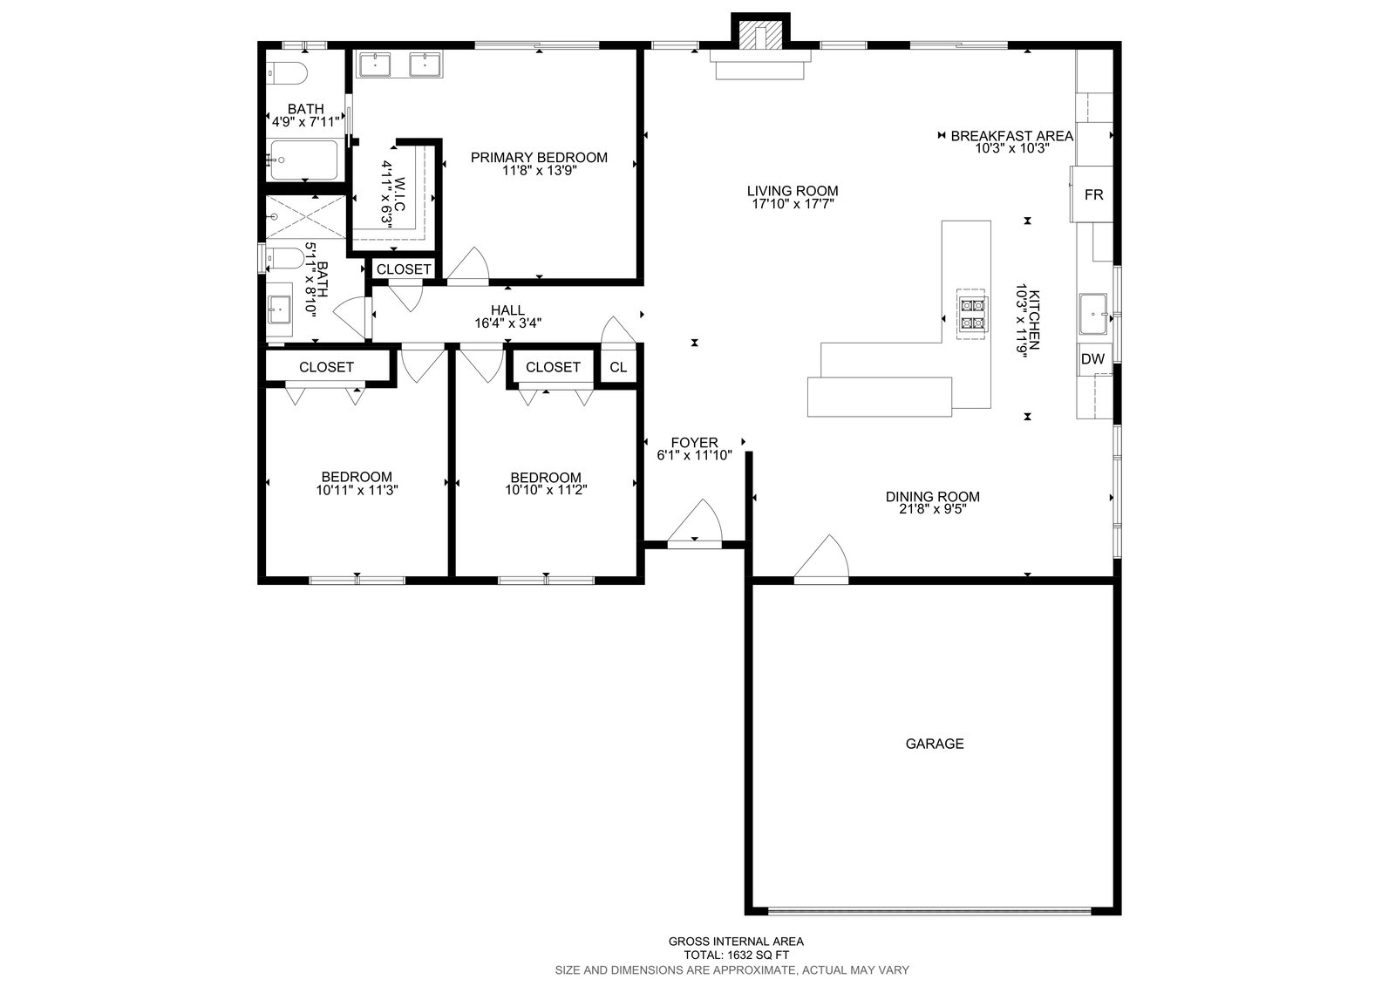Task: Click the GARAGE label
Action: click(x=934, y=744)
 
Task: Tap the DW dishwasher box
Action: click(x=1093, y=359)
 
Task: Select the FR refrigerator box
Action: click(x=1092, y=194)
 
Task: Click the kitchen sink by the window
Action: click(x=1093, y=314)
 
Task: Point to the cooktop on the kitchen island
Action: click(x=971, y=315)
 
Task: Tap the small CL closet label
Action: click(x=618, y=367)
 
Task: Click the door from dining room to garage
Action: click(x=820, y=560)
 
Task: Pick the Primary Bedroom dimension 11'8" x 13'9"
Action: click(x=540, y=171)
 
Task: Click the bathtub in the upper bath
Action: click(x=303, y=160)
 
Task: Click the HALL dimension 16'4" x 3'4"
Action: click(x=507, y=323)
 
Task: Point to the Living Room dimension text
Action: click(x=793, y=204)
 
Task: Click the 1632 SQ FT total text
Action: click(x=736, y=955)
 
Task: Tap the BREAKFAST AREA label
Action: click(x=1012, y=136)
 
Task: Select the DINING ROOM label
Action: click(x=932, y=496)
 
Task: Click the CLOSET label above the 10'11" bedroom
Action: click(x=326, y=367)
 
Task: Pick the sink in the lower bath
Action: click(x=280, y=309)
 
